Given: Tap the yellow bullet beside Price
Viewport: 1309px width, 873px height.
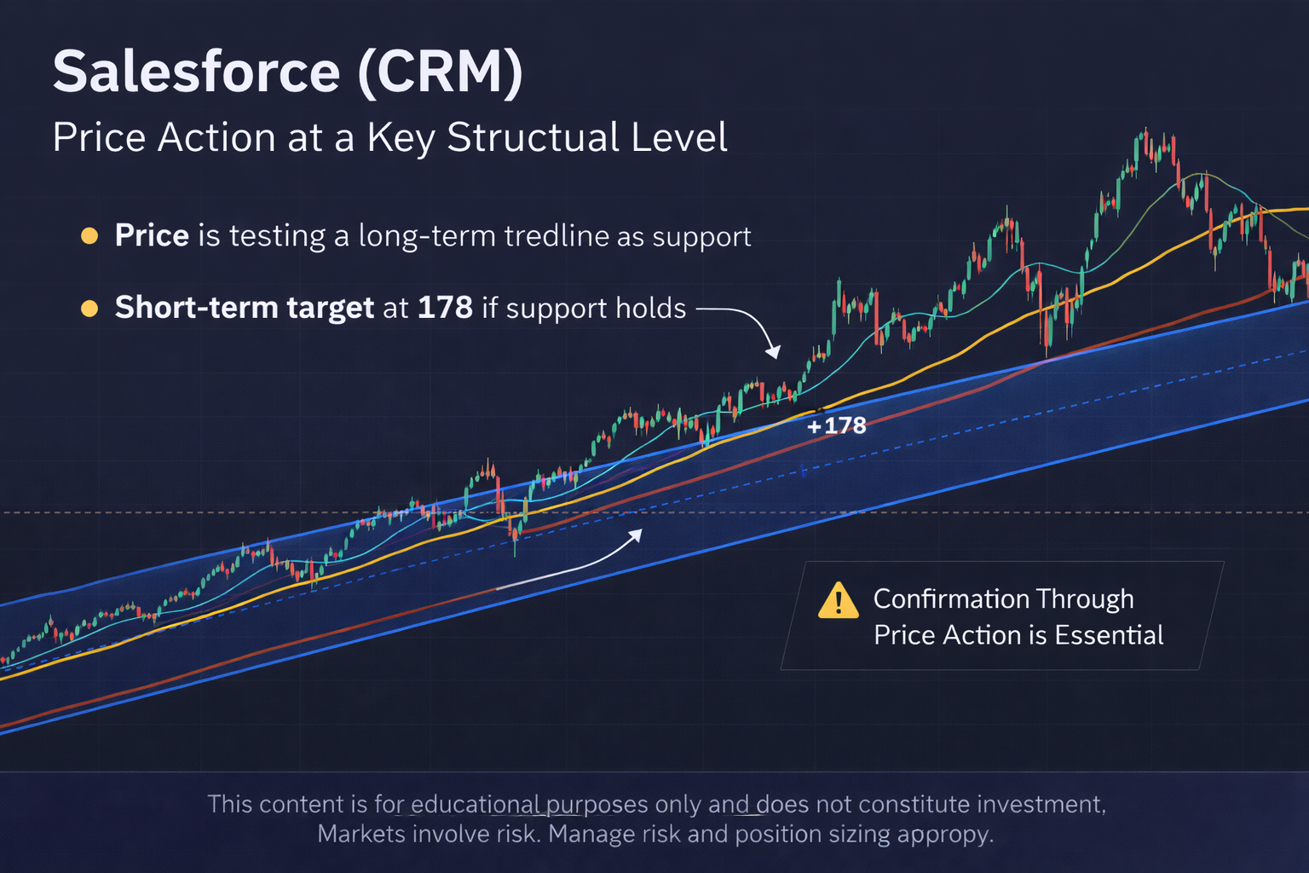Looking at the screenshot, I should point(89,236).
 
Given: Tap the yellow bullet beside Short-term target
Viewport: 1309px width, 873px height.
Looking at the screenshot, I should point(89,308).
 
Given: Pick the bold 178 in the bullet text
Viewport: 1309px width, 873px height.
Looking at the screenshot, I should point(444,308).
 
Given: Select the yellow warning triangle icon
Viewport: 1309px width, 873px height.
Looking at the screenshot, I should point(838,600).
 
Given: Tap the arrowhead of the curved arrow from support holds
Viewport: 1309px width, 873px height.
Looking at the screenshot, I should point(773,352).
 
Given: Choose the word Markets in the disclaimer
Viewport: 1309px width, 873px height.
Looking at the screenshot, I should point(360,834).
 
